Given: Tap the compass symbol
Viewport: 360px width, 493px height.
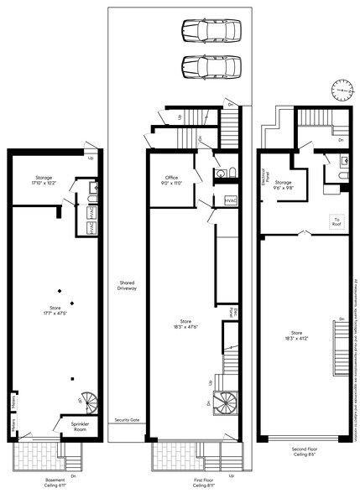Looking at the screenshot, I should click(342, 88).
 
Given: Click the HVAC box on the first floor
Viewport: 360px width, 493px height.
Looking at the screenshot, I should click(231, 200).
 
